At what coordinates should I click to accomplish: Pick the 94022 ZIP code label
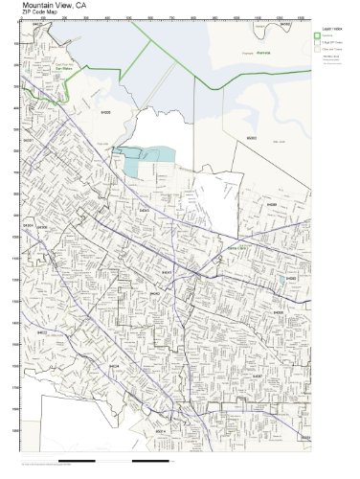42,331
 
